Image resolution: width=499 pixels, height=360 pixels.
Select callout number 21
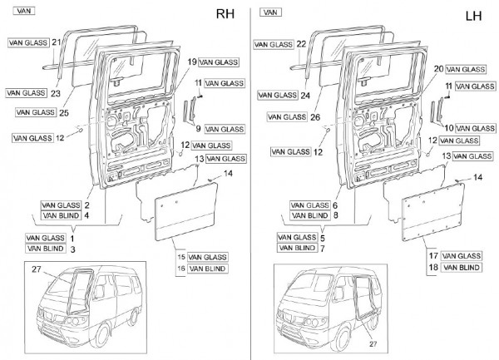[57, 42]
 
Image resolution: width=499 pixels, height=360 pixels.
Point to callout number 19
[191, 63]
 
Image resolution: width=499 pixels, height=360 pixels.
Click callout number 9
[199, 129]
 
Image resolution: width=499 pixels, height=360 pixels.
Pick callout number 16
[180, 269]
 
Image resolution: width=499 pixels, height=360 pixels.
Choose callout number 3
[73, 249]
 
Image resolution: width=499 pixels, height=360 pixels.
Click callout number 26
[315, 117]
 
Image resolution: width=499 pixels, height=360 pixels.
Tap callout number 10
[448, 128]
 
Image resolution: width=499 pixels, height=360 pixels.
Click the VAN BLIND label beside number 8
[309, 215]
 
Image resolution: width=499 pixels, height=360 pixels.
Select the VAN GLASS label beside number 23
[25, 92]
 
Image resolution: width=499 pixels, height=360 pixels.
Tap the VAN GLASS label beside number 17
[460, 255]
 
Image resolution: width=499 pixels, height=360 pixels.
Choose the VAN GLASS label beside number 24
[278, 95]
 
